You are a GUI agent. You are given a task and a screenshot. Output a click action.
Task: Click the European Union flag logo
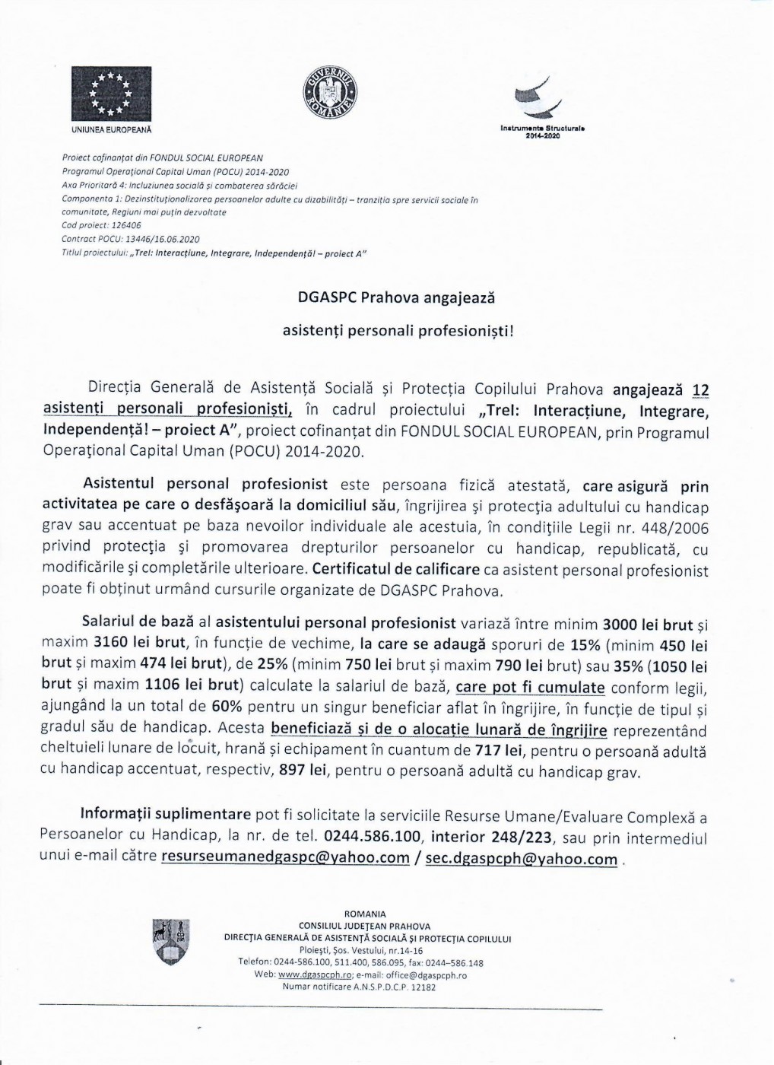pyautogui.click(x=112, y=95)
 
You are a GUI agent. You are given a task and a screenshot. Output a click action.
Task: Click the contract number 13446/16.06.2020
pyautogui.click(x=165, y=239)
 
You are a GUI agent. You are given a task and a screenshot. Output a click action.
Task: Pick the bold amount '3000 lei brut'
pyautogui.click(x=647, y=625)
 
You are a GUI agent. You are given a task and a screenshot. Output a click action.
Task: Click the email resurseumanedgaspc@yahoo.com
pyautogui.click(x=285, y=858)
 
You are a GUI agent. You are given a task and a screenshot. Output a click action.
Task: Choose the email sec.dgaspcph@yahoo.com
pyautogui.click(x=521, y=859)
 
